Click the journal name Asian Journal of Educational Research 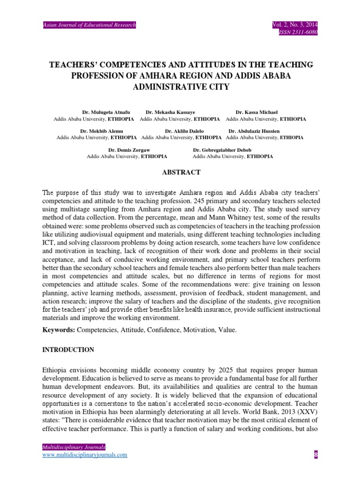(x=90, y=25)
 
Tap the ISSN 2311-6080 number (x=299, y=32)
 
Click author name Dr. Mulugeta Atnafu (x=106, y=112)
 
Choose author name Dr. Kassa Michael (x=256, y=112)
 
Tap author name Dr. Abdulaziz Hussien (x=254, y=131)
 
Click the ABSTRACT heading (x=181, y=172)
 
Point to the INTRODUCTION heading (x=68, y=350)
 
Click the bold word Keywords (x=59, y=330)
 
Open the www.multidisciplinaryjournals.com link (x=85, y=455)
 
